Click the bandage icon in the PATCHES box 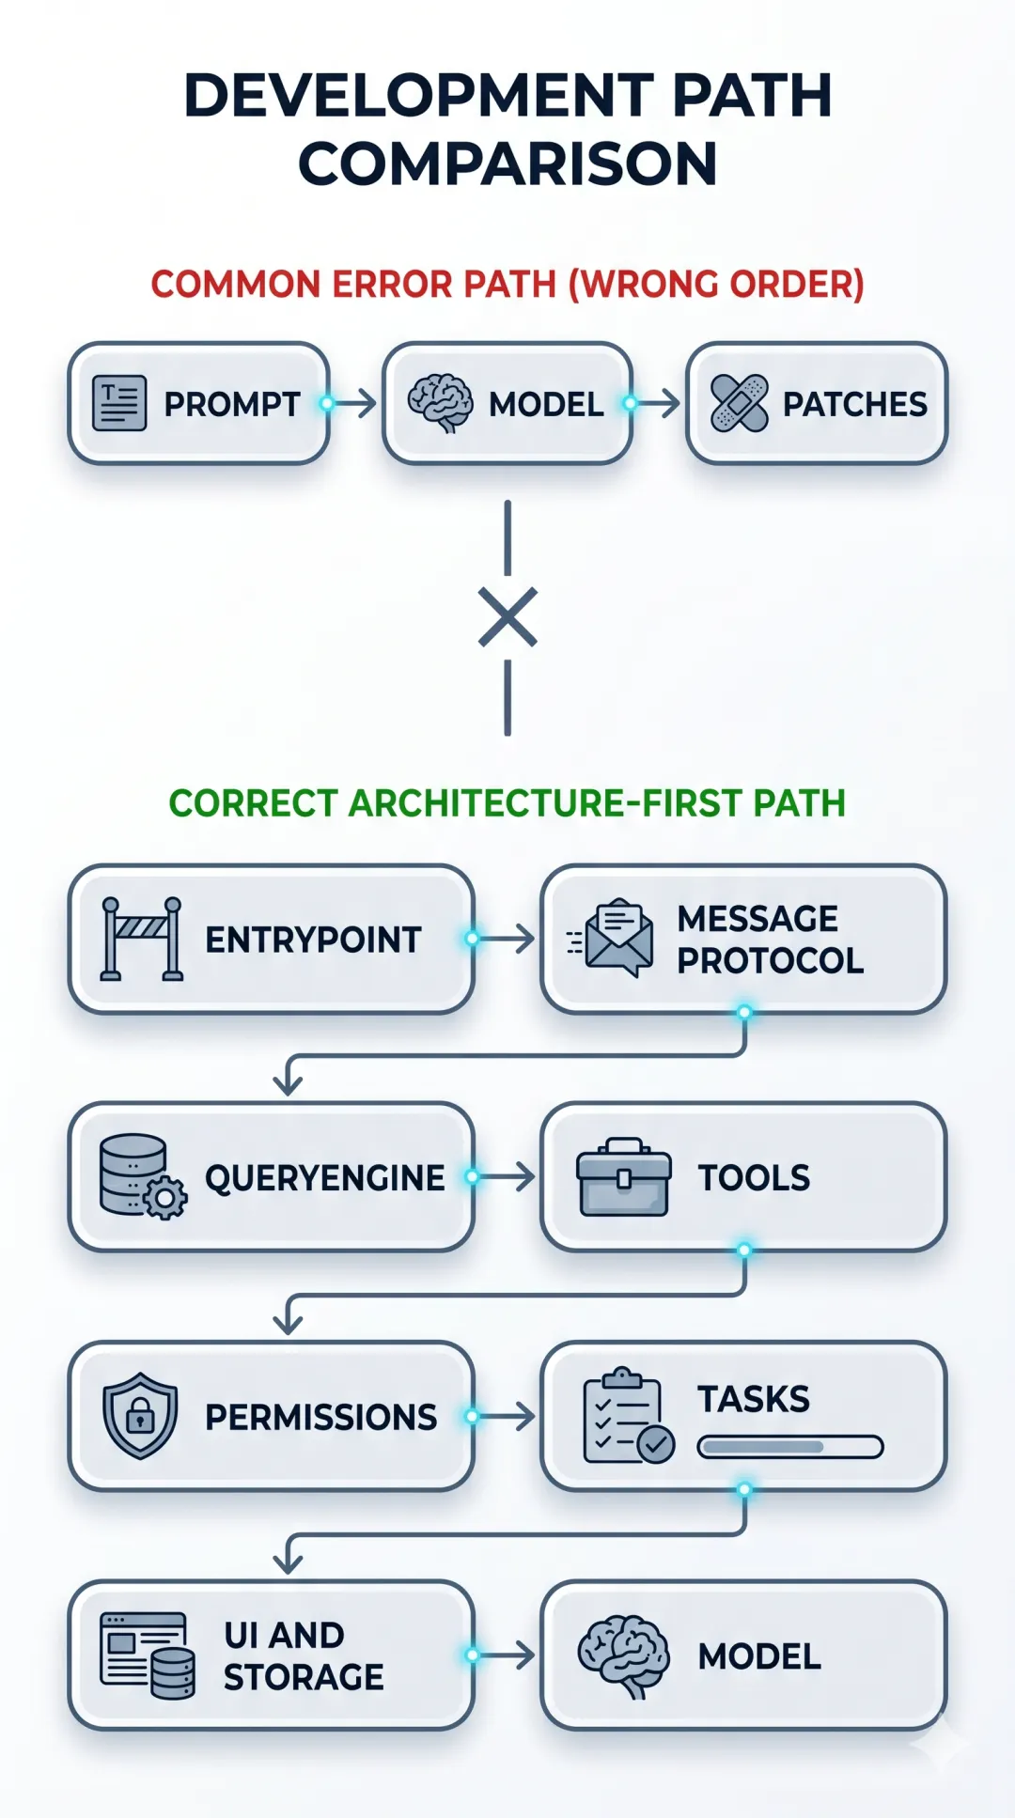coord(740,403)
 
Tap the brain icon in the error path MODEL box coord(440,403)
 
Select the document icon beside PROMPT coord(119,403)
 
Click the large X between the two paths coord(507,617)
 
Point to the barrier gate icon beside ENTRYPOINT coord(142,939)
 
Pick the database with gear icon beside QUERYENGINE coord(142,1176)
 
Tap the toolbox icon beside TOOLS coord(624,1177)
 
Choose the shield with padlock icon coord(140,1415)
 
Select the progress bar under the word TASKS coord(790,1447)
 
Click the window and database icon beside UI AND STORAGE coord(148,1655)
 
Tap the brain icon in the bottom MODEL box coord(623,1655)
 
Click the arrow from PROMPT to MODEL coord(355,403)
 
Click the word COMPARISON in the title coord(507,163)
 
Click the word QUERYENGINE coord(324,1177)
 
